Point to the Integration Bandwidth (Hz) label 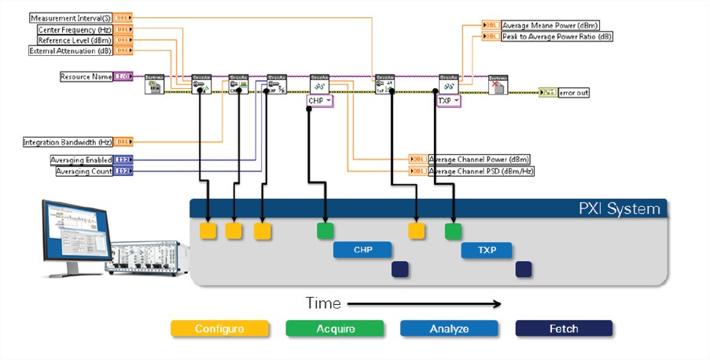[x=67, y=142]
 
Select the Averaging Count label [x=83, y=171]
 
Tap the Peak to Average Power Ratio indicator [x=556, y=36]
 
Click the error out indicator [x=574, y=93]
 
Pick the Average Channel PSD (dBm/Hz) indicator [x=481, y=171]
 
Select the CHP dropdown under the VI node [x=321, y=101]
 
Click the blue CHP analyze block [x=362, y=250]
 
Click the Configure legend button [x=219, y=329]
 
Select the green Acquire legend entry [x=334, y=329]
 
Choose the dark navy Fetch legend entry [x=563, y=329]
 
